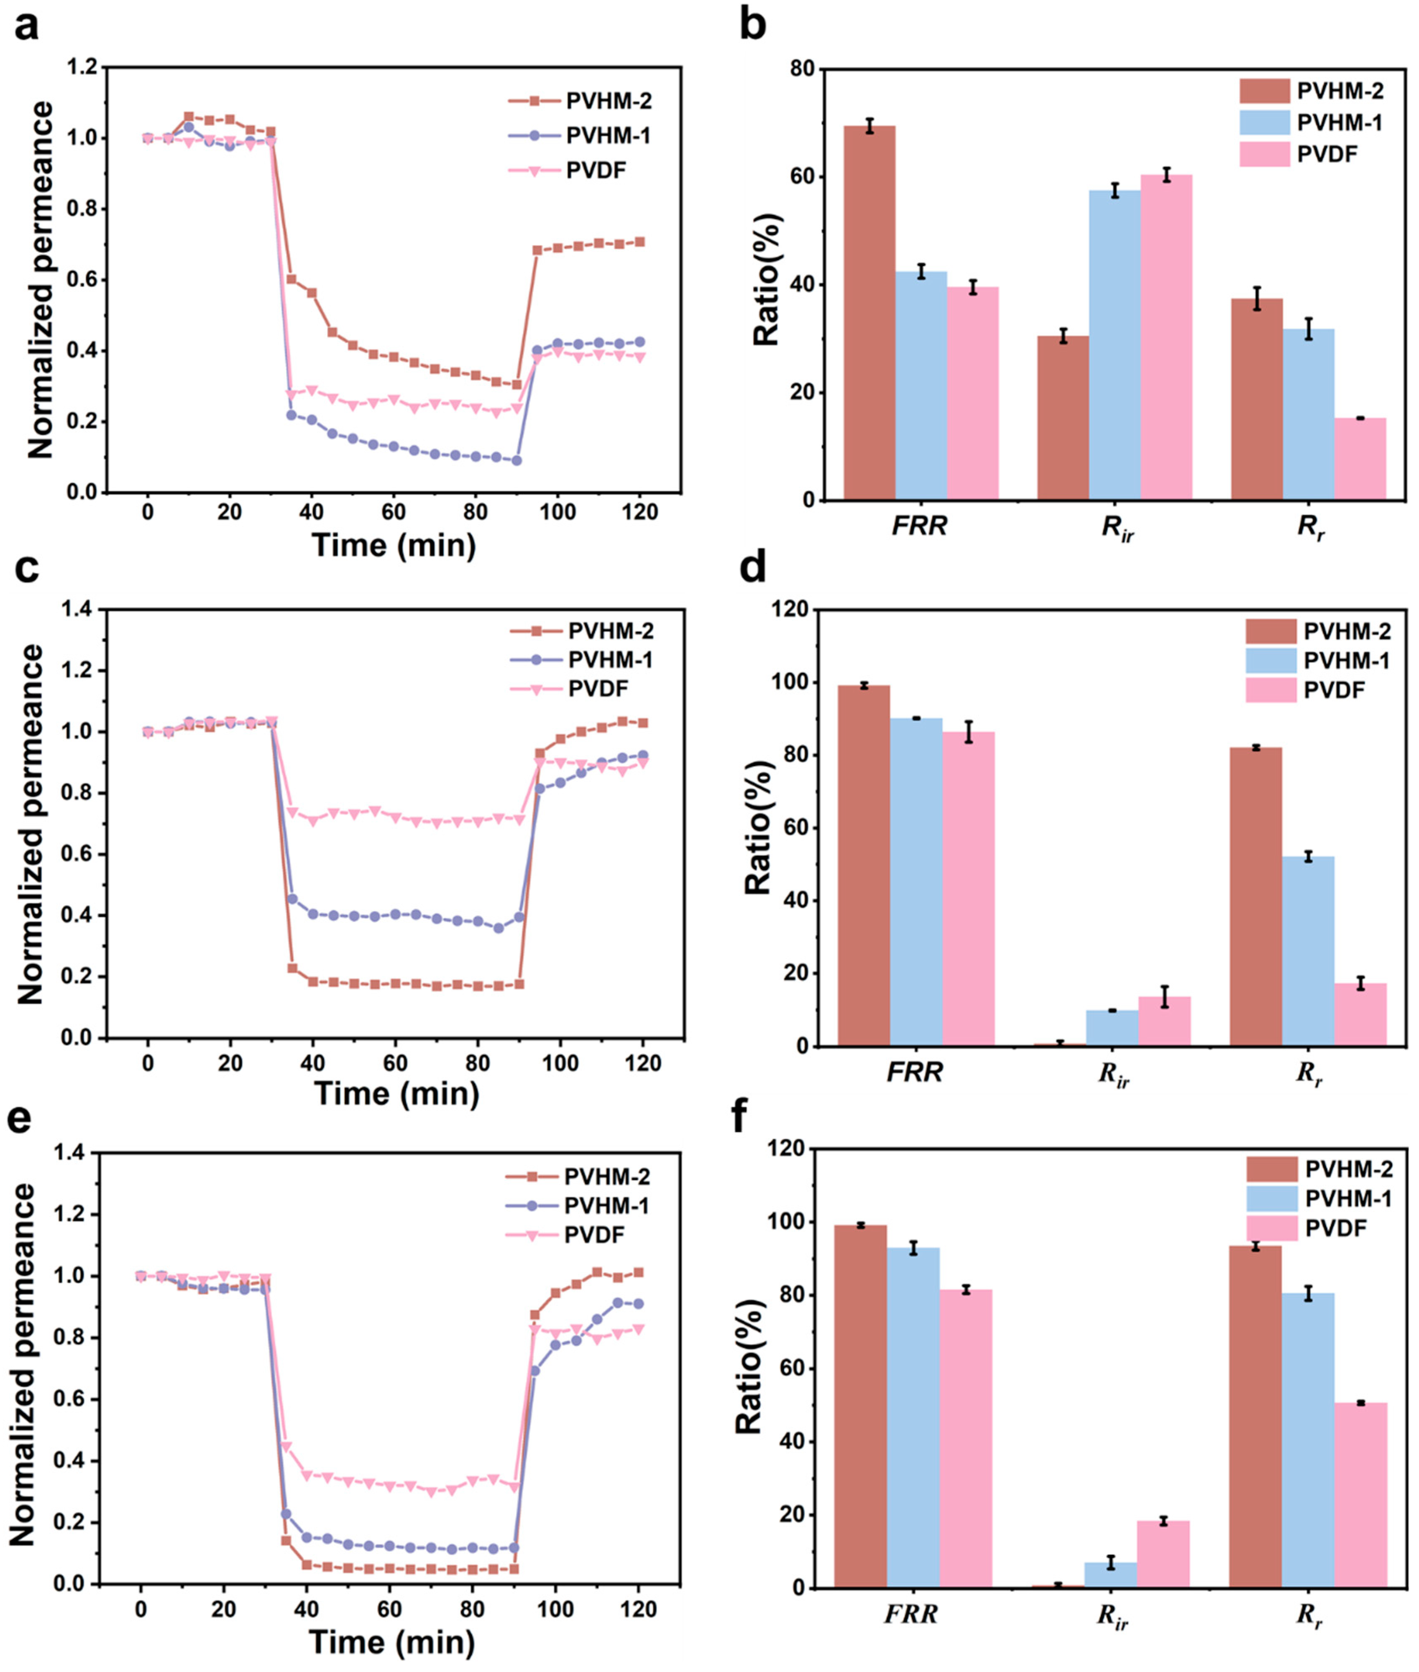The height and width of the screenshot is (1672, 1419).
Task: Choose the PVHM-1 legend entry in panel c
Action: click(x=610, y=659)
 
